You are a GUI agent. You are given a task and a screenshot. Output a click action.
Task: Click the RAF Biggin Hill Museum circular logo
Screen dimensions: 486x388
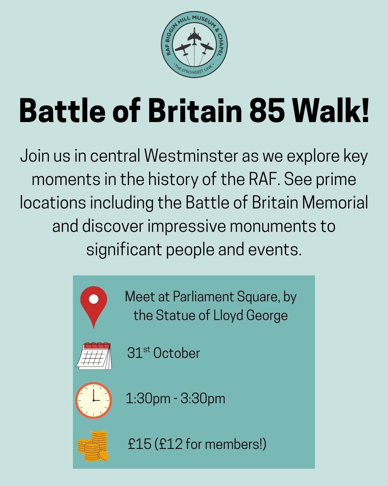[x=194, y=45]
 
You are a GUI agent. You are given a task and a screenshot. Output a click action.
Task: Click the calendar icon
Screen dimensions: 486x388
[x=94, y=356]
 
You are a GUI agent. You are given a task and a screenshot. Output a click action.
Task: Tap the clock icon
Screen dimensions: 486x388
[x=93, y=400]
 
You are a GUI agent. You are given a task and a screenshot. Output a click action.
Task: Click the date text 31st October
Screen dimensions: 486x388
[x=163, y=353]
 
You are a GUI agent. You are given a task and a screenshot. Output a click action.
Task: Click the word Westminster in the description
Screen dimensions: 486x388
[x=191, y=156]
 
